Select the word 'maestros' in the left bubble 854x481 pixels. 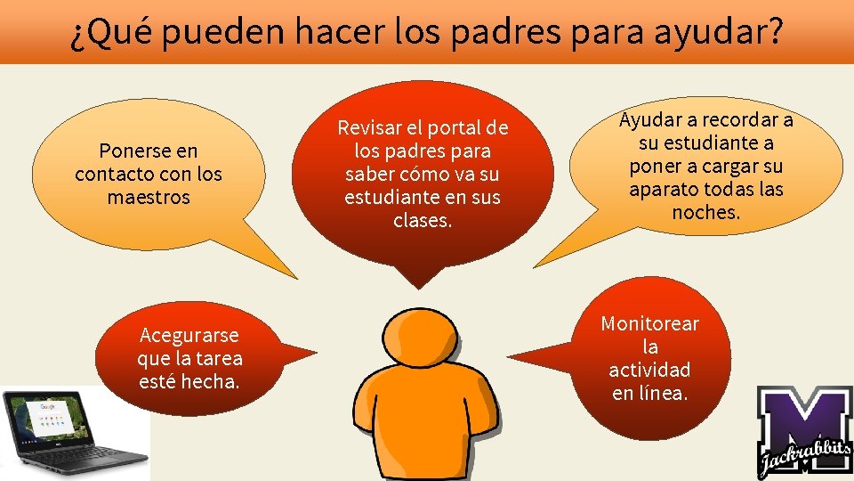tap(149, 197)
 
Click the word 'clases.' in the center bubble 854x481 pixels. tap(423, 220)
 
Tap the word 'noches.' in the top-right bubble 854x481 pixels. tap(706, 212)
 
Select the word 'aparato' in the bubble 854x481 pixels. tap(665, 189)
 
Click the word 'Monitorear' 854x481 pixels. tap(650, 323)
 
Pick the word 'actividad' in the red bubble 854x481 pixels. tap(649, 369)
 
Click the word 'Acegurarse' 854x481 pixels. tap(189, 335)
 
